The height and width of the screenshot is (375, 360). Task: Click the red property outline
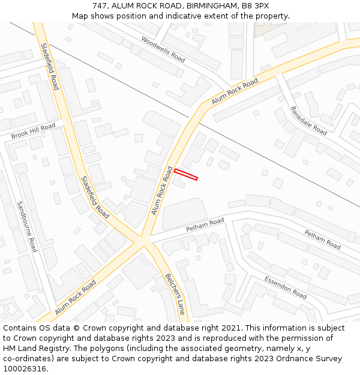(x=186, y=175)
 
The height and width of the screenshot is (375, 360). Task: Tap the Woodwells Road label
(x=163, y=49)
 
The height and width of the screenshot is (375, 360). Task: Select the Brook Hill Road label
(x=33, y=131)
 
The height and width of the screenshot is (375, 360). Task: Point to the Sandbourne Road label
(x=27, y=226)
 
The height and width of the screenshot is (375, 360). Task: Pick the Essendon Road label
(x=286, y=288)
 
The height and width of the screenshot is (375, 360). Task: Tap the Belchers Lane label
(x=175, y=294)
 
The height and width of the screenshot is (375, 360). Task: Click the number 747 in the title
(x=100, y=6)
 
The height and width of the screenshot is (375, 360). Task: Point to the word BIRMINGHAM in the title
(x=208, y=6)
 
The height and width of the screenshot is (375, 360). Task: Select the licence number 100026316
(x=25, y=369)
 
